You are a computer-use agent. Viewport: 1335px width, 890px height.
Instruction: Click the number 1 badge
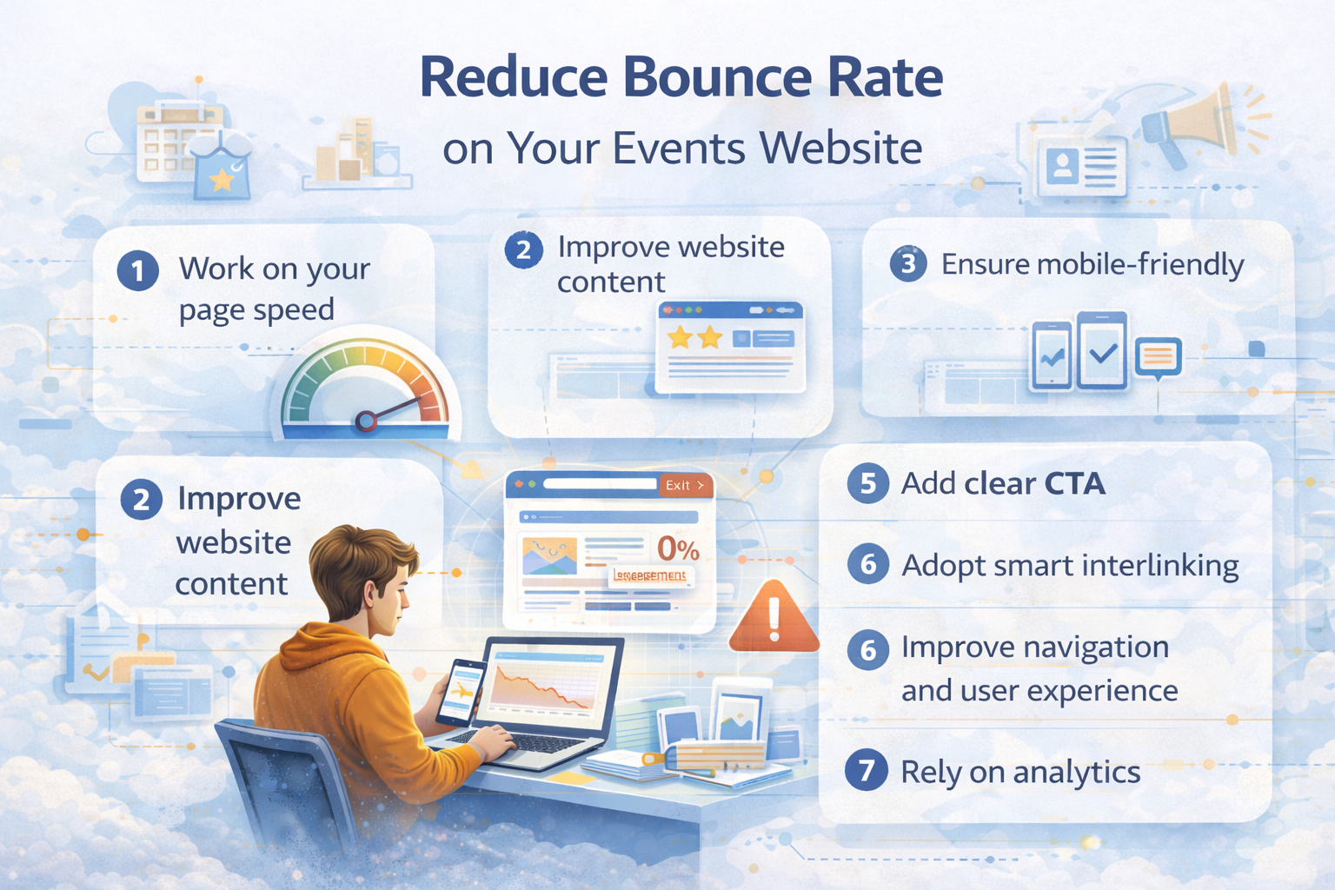[137, 271]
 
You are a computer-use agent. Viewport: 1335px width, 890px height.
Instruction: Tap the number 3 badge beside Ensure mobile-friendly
[908, 263]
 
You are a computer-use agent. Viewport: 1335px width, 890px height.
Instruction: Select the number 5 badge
[867, 483]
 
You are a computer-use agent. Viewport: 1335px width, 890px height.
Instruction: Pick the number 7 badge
[866, 771]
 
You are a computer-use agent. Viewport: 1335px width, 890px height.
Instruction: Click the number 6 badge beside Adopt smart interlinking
[867, 565]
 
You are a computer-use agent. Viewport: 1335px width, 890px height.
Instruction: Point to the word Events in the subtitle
[679, 148]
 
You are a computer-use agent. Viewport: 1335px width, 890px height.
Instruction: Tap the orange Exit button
[685, 485]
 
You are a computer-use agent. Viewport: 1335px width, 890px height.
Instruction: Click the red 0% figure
[678, 549]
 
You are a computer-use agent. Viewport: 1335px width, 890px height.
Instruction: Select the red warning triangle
[774, 619]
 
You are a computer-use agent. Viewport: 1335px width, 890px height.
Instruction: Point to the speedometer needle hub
[366, 422]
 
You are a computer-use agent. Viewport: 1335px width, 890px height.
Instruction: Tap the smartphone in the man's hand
[460, 692]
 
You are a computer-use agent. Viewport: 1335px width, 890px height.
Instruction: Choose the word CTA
[1074, 483]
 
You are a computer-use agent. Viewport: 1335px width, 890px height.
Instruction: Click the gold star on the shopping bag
[222, 179]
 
